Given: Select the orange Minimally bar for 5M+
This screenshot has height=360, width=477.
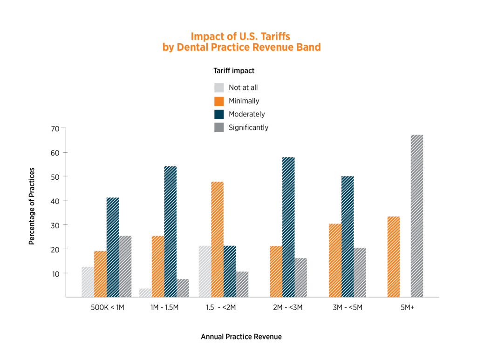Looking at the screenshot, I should coord(394,257).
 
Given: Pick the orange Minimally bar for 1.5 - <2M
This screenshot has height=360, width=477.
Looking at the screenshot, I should coord(217,239).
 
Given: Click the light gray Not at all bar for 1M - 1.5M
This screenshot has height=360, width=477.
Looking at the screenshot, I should coord(145,293).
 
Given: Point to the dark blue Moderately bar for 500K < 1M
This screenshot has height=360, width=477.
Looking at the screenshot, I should coord(113,247).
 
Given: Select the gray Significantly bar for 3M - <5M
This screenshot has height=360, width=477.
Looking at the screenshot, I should coord(360,272).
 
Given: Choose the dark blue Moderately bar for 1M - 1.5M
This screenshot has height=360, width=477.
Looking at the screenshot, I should coord(170,231).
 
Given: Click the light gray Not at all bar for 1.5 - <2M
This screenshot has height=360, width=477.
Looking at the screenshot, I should coord(204,272).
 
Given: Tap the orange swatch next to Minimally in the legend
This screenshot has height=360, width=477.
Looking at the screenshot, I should coord(219,101).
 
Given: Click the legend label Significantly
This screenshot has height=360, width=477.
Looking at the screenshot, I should coord(248,128).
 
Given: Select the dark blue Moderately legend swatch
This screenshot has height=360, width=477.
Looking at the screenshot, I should coord(219,114).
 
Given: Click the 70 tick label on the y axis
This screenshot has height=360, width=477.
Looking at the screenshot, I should coord(55,129).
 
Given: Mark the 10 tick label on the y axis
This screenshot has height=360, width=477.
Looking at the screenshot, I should coord(55,274).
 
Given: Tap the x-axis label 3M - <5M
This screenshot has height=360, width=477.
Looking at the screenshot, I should coord(347,308).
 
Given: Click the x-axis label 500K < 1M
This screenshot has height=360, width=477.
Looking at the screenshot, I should coord(108,308).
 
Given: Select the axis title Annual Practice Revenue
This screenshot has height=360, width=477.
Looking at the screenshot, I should coord(241,337).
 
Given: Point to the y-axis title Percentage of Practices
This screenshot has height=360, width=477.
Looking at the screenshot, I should coord(32,206).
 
